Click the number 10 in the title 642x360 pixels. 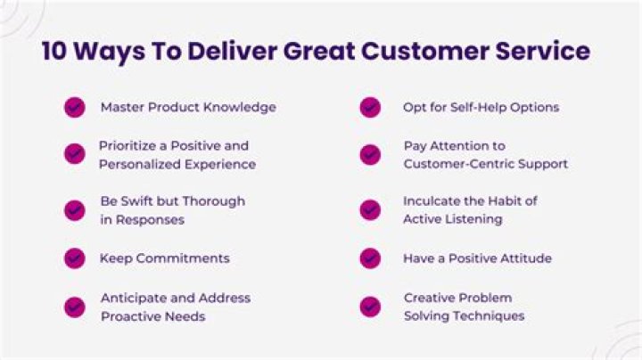[55, 52]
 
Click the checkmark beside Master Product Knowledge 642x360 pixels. [75, 108]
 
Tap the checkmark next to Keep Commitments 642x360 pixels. [75, 258]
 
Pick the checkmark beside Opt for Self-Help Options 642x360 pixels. [370, 108]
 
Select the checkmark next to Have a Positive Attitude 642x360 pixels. [370, 258]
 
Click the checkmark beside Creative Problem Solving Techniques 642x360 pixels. [370, 307]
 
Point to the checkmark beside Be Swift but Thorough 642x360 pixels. [75, 210]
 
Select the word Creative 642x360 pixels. [431, 298]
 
